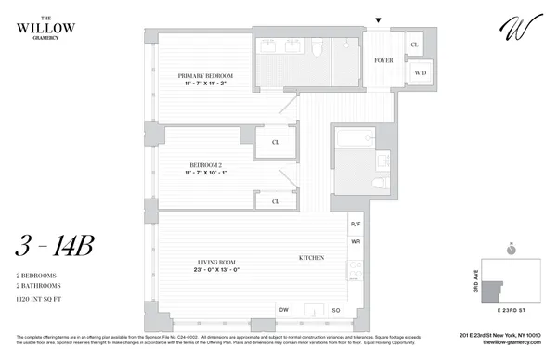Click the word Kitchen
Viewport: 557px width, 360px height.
(310, 257)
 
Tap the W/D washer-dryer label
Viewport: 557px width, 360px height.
(419, 72)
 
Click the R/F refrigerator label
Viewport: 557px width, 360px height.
(355, 225)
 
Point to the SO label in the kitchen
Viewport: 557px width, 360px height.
(336, 309)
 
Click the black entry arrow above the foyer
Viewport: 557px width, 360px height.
(378, 20)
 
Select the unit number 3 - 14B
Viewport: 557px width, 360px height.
(55, 247)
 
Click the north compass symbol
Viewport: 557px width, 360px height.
(511, 249)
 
